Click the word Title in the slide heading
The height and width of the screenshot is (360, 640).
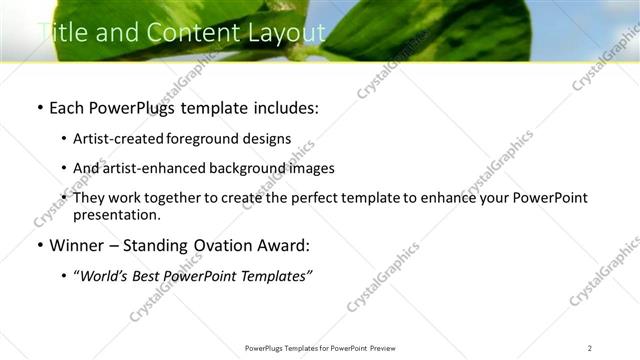click(58, 33)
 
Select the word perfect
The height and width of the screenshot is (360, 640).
click(323, 198)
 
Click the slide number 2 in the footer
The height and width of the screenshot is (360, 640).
click(589, 347)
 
